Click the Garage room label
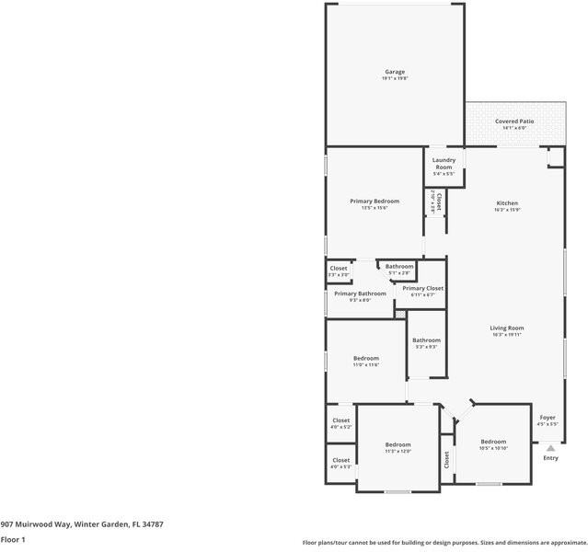(394, 72)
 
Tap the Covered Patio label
(514, 121)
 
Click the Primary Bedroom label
(375, 201)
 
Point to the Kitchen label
(507, 203)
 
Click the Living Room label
(506, 328)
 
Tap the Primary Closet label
(423, 289)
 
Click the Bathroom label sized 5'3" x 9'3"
(425, 340)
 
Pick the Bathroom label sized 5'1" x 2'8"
(399, 267)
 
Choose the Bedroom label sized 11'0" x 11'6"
(366, 359)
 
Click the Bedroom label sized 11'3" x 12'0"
(398, 445)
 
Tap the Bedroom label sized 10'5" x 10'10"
(492, 442)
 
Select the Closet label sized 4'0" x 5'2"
(340, 421)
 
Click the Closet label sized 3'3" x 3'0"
(339, 269)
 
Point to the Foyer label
(548, 418)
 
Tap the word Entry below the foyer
(550, 458)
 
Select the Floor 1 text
(13, 539)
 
